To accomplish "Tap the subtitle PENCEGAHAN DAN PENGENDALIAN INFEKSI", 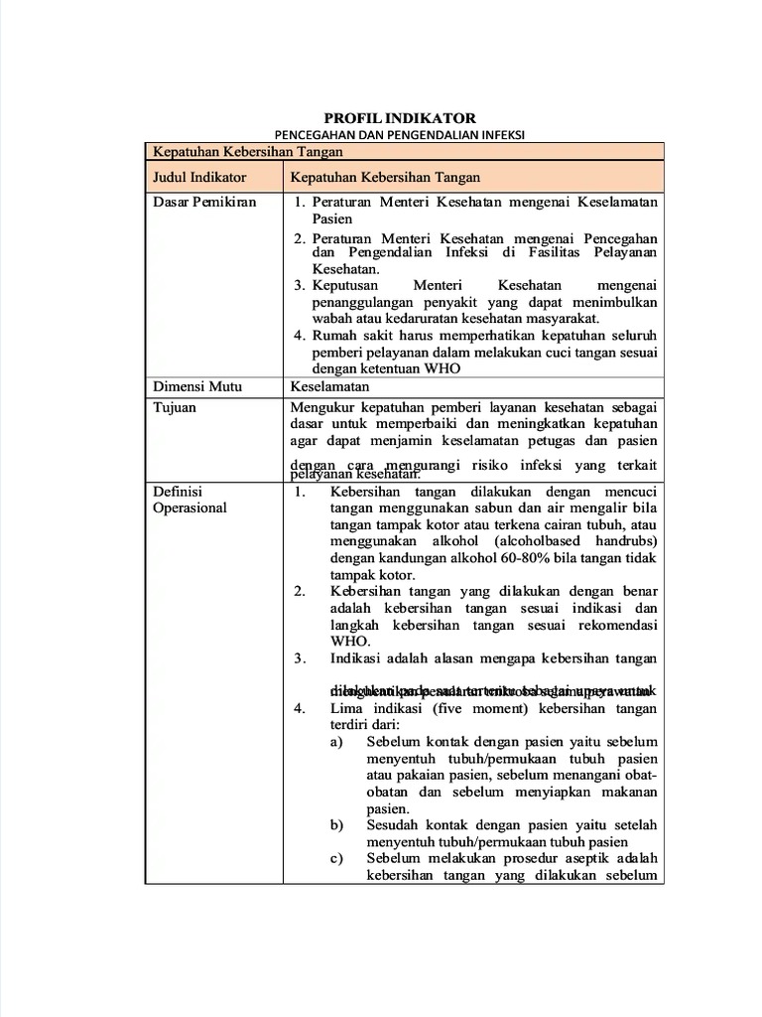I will [x=400, y=134].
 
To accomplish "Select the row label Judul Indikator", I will [x=199, y=177].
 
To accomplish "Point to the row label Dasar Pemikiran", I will [x=204, y=202].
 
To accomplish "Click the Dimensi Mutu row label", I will [x=197, y=387].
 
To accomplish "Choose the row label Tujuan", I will [x=175, y=407].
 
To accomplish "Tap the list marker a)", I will [x=337, y=742].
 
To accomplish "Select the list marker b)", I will [x=337, y=825].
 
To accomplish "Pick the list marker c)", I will [x=337, y=858].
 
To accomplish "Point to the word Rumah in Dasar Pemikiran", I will [x=332, y=336].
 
